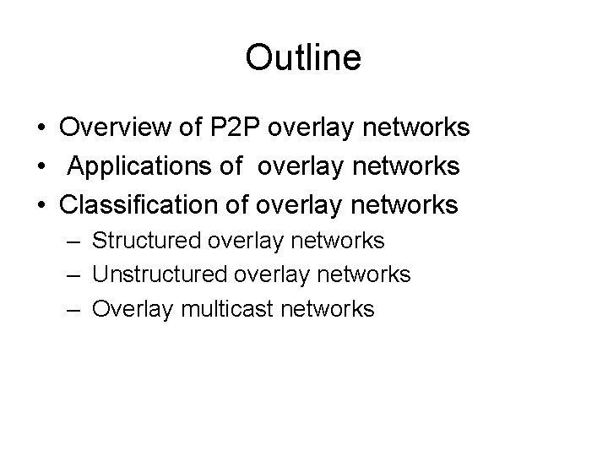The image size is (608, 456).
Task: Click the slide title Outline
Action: pyautogui.click(x=303, y=58)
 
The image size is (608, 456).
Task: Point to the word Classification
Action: pyautogui.click(x=138, y=204)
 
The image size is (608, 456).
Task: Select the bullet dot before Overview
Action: pyautogui.click(x=41, y=128)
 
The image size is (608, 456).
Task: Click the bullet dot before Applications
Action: pyautogui.click(x=41, y=167)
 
